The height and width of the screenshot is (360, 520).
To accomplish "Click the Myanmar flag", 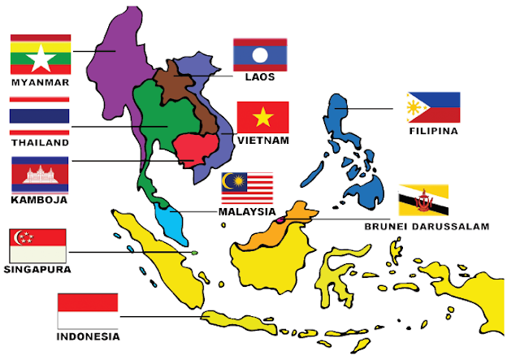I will point(40,54).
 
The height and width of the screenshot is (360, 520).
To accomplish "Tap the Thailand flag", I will point(40,115).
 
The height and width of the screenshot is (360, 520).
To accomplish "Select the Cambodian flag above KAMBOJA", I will point(40,173).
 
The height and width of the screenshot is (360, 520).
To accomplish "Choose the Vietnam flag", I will point(262,117).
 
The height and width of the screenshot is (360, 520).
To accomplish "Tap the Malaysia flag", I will point(247,189).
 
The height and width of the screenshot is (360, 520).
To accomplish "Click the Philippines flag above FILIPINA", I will point(433,107).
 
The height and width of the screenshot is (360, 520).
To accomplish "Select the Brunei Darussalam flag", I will point(424,200).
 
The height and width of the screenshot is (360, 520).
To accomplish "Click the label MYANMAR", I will point(40,82).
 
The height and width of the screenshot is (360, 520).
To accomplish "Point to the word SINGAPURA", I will point(37,269).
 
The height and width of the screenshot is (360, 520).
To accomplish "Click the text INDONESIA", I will point(88,336).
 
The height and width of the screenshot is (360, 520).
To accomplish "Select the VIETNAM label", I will point(262,141).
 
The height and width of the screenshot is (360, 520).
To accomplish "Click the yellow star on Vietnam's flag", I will point(262,118).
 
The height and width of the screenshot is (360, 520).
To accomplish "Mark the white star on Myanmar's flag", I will point(40,55).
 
